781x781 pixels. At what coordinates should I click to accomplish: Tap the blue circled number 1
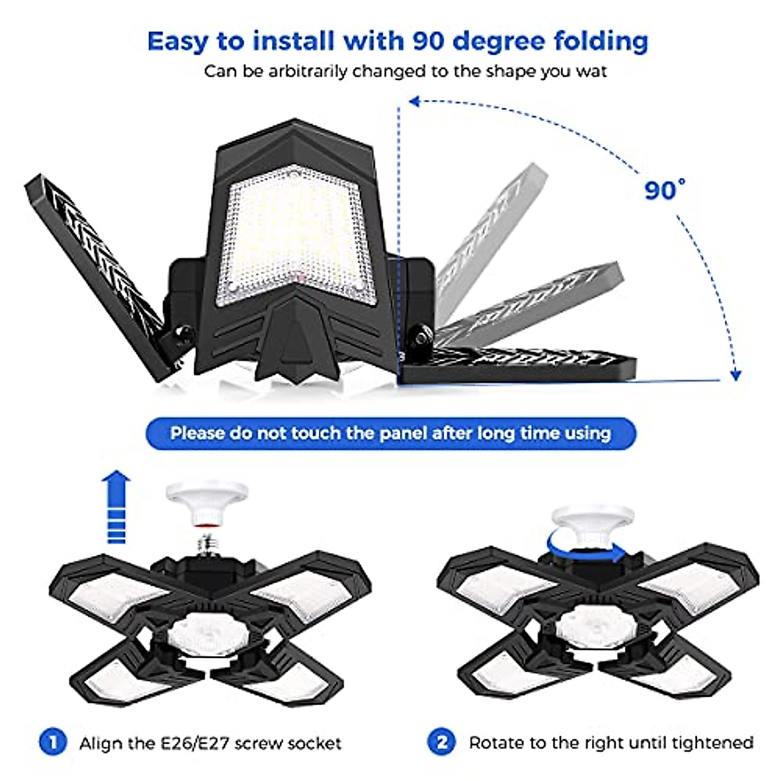[53, 742]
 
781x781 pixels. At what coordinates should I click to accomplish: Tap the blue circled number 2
[442, 742]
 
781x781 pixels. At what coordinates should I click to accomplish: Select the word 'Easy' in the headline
[178, 41]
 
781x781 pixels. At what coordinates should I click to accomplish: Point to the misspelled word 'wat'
[591, 72]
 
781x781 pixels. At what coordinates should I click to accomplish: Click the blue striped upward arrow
[116, 508]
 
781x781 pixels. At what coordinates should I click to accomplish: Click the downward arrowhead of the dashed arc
[735, 375]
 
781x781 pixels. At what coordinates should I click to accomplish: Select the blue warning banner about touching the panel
[390, 433]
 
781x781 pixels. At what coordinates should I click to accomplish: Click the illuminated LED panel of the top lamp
[296, 234]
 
